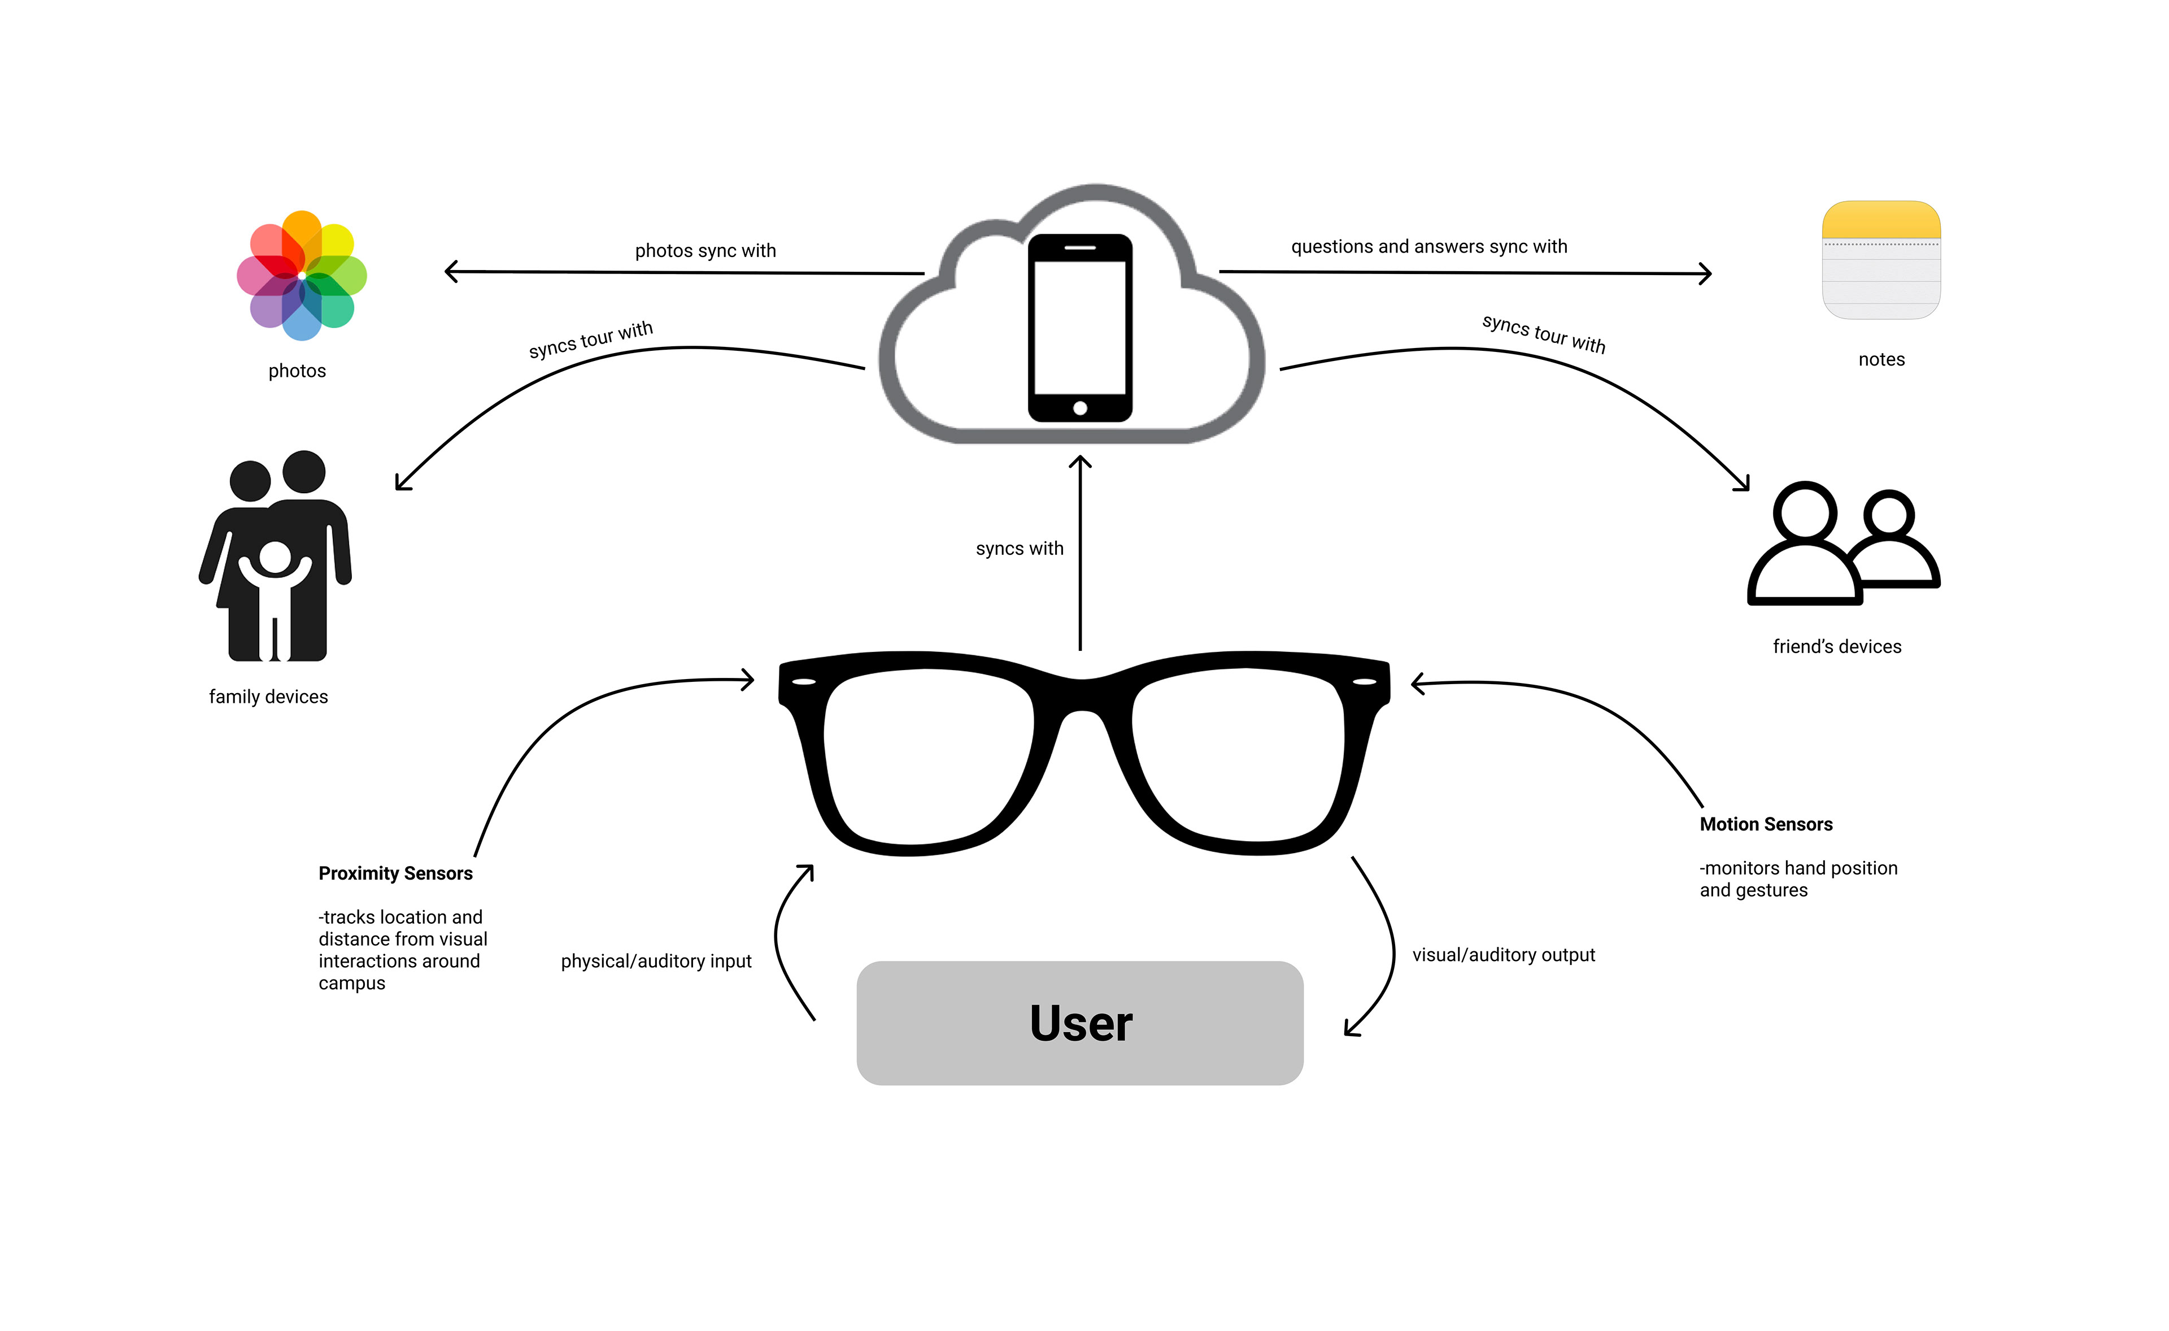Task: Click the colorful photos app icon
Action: click(302, 276)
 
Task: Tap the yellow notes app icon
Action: click(1881, 260)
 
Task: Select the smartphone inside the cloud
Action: click(1080, 328)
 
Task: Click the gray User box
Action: click(1080, 1023)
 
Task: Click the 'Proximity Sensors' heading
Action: click(395, 873)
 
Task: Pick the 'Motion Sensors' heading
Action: click(1766, 824)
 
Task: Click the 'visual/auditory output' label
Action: click(1504, 955)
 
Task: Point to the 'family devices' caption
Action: click(268, 697)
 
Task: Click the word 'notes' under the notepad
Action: click(1881, 359)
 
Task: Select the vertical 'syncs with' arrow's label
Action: click(1020, 549)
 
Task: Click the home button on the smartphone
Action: click(1080, 407)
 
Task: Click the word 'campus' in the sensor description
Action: click(351, 984)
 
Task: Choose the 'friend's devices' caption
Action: click(1836, 647)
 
